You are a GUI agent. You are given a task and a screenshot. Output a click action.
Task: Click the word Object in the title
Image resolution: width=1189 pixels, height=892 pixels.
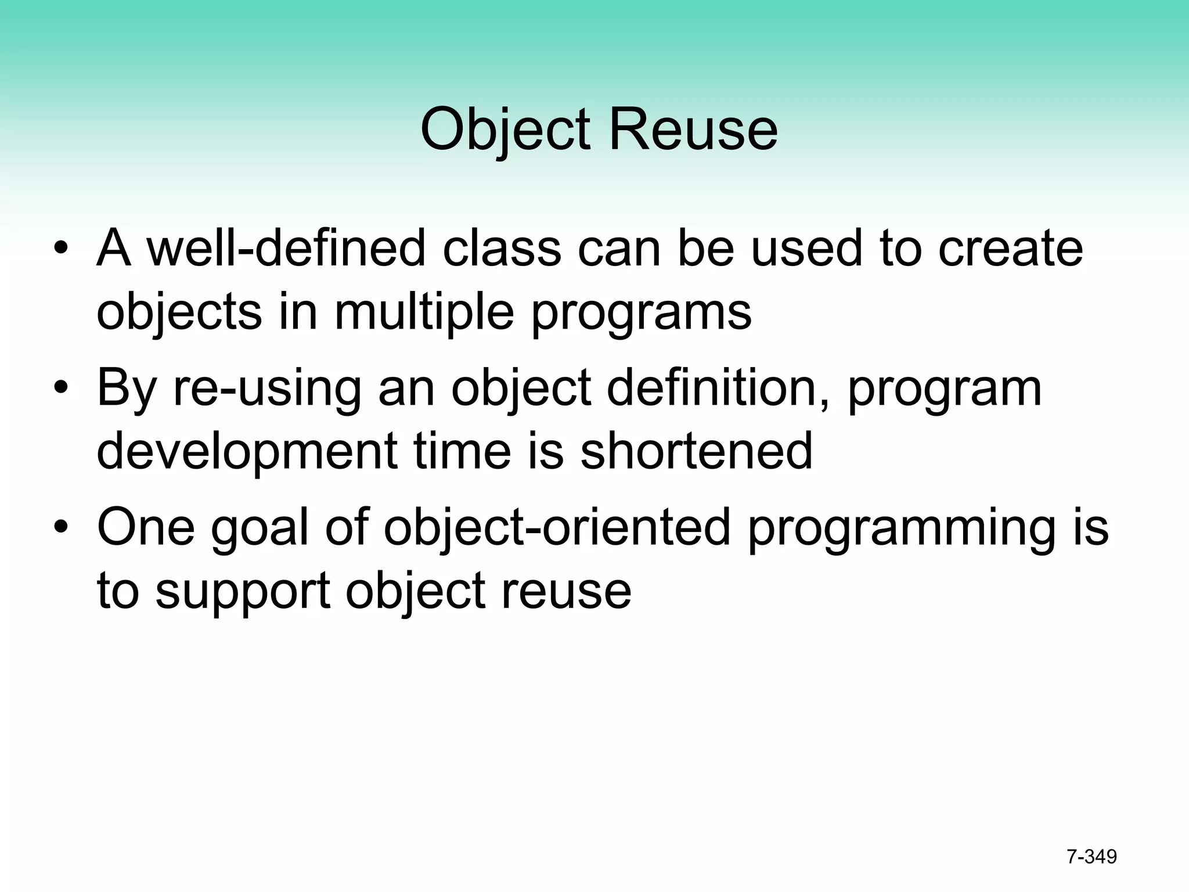(x=505, y=131)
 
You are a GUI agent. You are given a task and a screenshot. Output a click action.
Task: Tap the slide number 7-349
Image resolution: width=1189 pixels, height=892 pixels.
(x=1091, y=857)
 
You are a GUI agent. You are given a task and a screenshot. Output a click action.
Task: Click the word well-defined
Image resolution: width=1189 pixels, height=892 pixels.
(x=286, y=249)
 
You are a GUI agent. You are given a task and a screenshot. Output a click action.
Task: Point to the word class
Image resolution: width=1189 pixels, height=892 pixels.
(x=502, y=249)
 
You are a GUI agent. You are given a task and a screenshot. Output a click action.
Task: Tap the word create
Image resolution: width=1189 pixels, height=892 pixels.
(x=1010, y=249)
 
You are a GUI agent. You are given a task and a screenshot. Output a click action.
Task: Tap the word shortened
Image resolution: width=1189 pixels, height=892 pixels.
(x=696, y=452)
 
